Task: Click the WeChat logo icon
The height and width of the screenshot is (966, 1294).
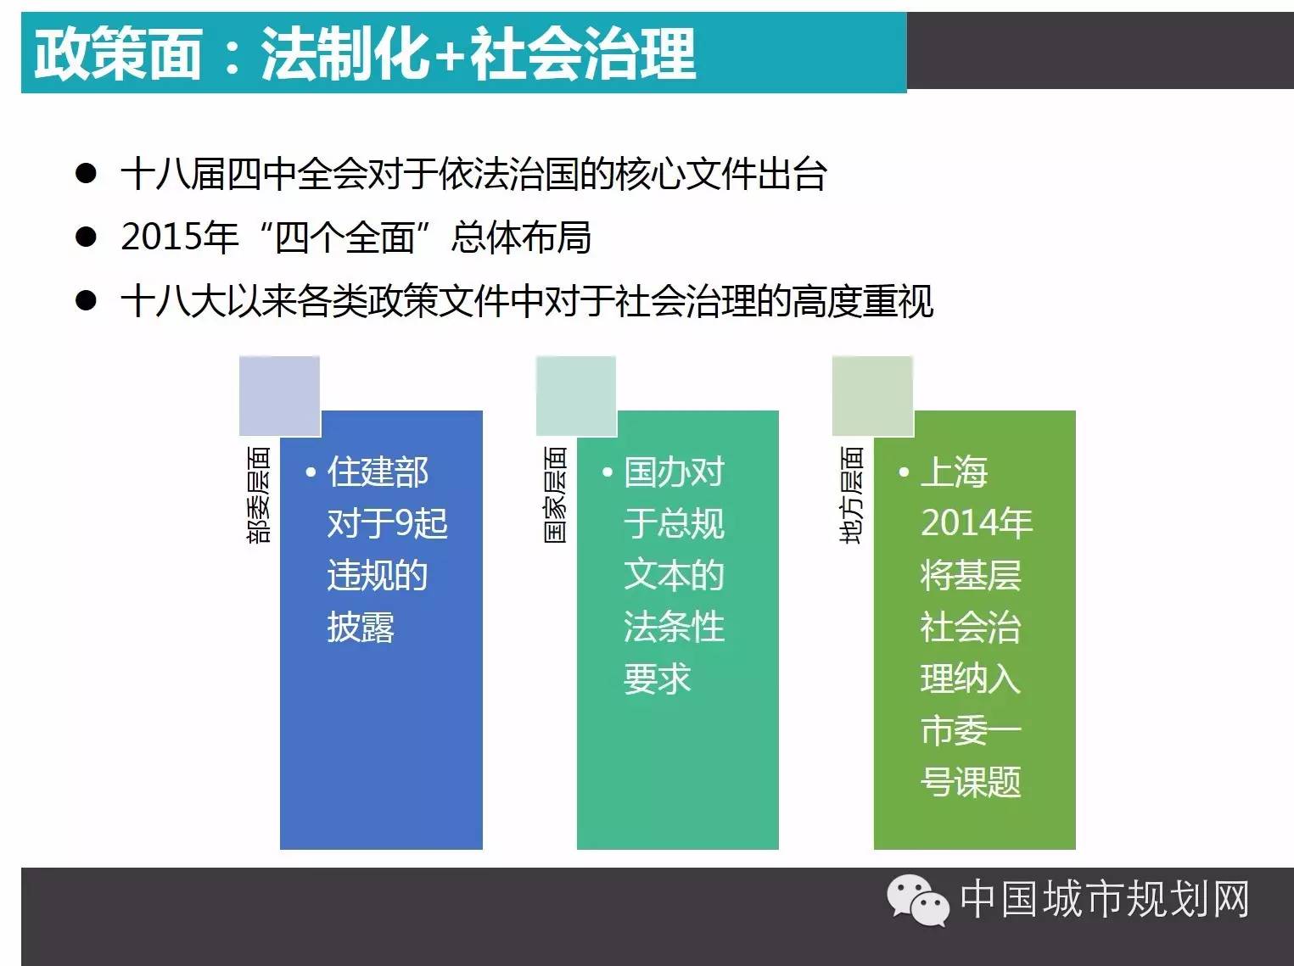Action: [918, 900]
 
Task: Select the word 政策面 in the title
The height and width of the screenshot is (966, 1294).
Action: [118, 54]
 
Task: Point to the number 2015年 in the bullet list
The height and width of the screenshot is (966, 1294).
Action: [179, 237]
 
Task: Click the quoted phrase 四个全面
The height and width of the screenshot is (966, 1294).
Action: [345, 237]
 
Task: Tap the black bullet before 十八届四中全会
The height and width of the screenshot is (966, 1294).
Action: [86, 174]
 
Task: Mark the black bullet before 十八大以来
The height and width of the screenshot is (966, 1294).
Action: [86, 300]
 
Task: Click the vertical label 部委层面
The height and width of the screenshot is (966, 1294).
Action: [259, 494]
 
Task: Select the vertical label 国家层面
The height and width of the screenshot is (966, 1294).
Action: [555, 494]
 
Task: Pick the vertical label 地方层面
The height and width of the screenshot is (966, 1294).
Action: [851, 494]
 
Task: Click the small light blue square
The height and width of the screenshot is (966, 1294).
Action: [279, 396]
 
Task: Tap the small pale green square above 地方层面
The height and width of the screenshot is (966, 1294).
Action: [872, 396]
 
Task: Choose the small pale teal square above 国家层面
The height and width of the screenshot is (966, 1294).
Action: [576, 396]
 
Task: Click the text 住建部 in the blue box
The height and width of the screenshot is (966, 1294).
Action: [378, 472]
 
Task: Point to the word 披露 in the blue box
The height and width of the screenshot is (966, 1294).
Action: [361, 627]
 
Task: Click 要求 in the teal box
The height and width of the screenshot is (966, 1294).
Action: [658, 678]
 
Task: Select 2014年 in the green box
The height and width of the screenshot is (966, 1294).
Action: [977, 523]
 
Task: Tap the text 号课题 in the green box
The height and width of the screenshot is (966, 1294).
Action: [971, 782]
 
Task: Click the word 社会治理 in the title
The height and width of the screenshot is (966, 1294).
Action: [583, 54]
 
